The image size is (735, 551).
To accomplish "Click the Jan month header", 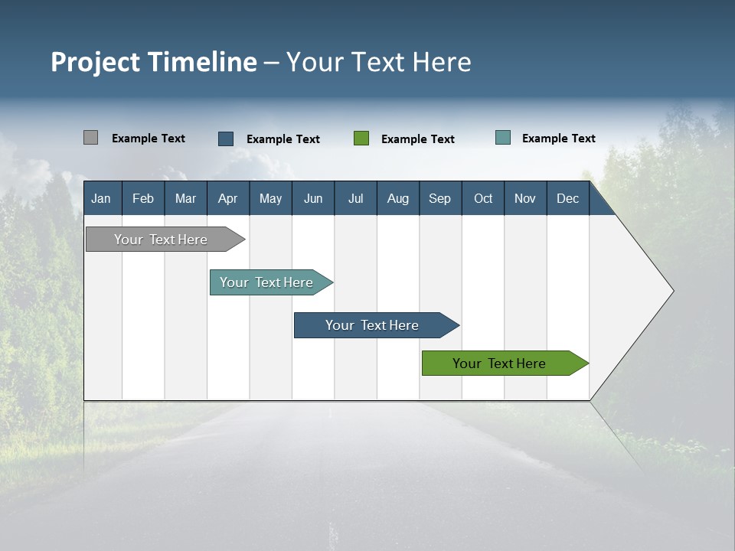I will (102, 198).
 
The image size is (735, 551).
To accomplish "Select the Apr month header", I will (228, 198).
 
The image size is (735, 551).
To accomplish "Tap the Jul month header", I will (355, 198).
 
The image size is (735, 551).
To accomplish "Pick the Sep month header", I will (440, 198).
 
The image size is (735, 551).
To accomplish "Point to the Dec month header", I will (567, 198).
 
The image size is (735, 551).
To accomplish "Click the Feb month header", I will (143, 198).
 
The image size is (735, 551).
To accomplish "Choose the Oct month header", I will (483, 198).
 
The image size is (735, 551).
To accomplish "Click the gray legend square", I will (90, 138).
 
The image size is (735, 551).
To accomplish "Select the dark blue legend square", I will (226, 139).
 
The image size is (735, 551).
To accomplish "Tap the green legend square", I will (361, 139).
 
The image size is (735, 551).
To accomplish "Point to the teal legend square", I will (503, 138).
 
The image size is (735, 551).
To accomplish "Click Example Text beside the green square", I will (418, 139).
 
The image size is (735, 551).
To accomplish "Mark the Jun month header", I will (313, 198).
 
